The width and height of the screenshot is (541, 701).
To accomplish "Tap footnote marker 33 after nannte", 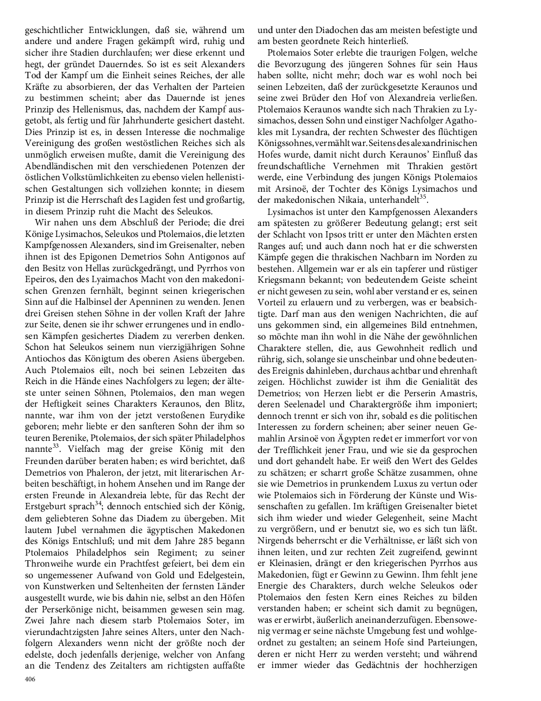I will pyautogui.click(x=57, y=429).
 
